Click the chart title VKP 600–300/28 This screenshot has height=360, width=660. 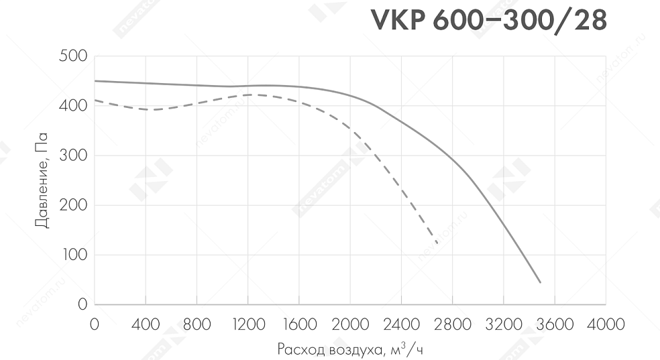[489, 21]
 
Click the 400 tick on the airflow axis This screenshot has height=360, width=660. [146, 325]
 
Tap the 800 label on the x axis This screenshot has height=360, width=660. [197, 325]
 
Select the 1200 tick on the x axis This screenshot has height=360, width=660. [248, 325]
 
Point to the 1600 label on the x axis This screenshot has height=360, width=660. [299, 325]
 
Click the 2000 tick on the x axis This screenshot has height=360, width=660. [350, 325]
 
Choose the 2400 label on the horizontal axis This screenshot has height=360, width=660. [401, 325]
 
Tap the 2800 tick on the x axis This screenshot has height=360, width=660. [453, 325]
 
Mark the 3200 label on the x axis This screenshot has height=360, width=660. [504, 325]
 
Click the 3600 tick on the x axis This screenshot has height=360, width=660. [555, 325]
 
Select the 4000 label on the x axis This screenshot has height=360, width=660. [606, 325]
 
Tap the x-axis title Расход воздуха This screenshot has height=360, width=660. [349, 350]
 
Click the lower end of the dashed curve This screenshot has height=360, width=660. [437, 243]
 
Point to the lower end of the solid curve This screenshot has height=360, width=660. [540, 282]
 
